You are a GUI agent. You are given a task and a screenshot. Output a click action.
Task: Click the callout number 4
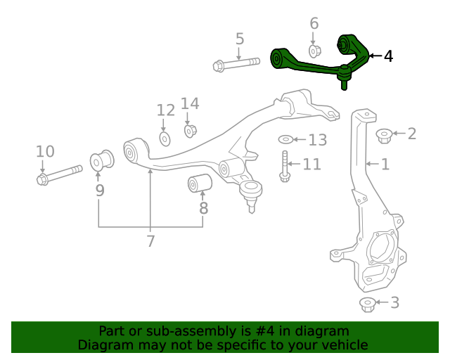point(388,56)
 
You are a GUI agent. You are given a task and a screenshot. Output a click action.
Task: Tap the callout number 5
point(239,39)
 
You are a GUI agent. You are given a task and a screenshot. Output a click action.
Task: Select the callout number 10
point(45,151)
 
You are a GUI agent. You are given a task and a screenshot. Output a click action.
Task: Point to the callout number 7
point(150,241)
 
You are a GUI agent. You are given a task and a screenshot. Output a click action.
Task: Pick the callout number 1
point(385,165)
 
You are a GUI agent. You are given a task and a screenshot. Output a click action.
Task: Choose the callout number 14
point(190,104)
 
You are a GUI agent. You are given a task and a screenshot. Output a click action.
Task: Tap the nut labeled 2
point(384,134)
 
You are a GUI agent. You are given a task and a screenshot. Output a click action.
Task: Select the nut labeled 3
point(366,304)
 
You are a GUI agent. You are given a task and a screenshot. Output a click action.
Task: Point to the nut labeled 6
point(315,51)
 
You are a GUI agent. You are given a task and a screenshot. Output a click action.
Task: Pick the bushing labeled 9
point(102,160)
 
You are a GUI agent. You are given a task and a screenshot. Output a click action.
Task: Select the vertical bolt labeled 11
point(285,167)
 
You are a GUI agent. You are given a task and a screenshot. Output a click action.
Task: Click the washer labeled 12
point(165,138)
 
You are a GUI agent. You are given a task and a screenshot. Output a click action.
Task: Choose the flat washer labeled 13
point(287,139)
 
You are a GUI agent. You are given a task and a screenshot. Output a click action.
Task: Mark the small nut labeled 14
point(190,130)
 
